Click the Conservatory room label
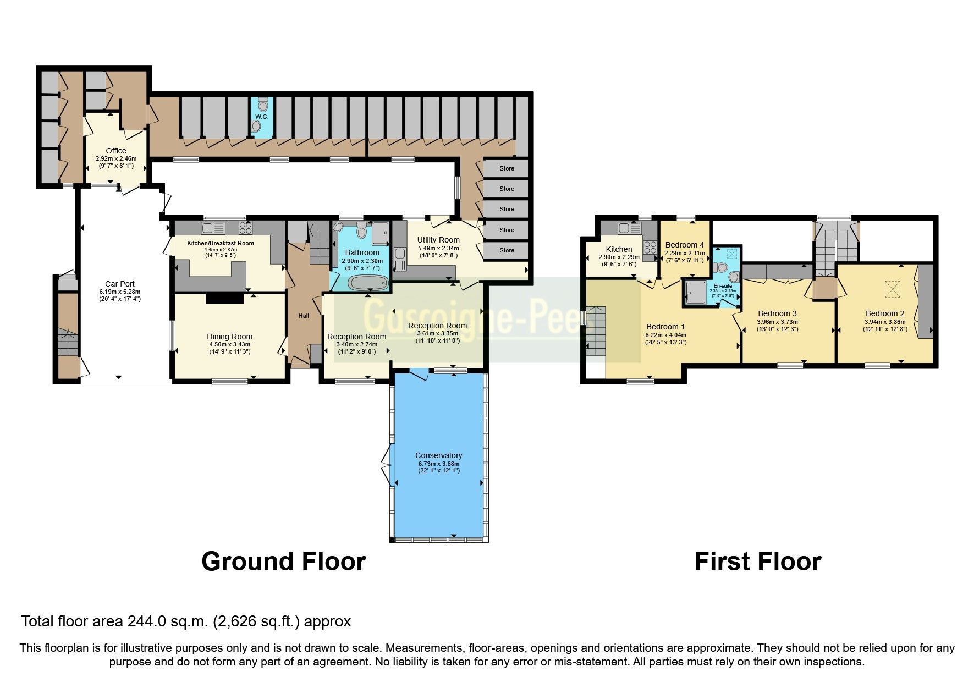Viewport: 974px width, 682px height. (x=438, y=455)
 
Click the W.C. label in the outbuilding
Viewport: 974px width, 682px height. (x=261, y=117)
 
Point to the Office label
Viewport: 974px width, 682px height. (x=115, y=151)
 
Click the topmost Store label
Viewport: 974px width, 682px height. (x=507, y=168)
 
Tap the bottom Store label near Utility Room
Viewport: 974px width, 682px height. (x=507, y=250)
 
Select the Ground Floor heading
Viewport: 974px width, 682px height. (x=283, y=562)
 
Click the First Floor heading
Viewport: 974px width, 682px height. (x=757, y=562)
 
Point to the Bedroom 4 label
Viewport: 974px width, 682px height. (x=684, y=245)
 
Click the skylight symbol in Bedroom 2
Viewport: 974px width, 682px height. (x=891, y=287)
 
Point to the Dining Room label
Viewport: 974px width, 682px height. (x=229, y=337)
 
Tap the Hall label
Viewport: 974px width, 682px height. (x=304, y=316)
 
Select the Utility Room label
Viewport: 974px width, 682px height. (x=438, y=240)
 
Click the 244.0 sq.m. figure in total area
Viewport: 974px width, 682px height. (x=167, y=621)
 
